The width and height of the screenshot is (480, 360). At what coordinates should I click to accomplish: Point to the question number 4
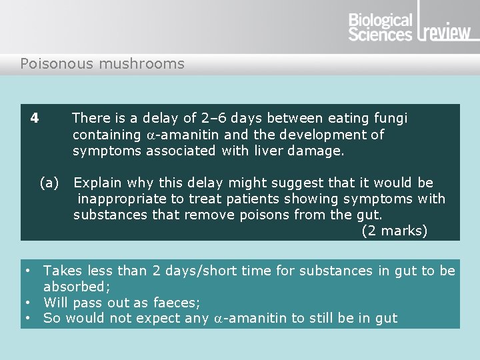click(x=35, y=118)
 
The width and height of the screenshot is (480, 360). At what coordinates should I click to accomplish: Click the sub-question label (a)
click(x=49, y=183)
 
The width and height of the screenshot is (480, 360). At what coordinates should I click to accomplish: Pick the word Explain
click(x=97, y=183)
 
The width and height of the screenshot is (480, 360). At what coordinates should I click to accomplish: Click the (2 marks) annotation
click(x=394, y=231)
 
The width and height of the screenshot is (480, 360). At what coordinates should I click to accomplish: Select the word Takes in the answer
click(x=62, y=271)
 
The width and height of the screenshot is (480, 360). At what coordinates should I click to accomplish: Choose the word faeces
click(x=176, y=302)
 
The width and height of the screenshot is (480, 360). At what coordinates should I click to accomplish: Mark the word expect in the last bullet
click(x=161, y=319)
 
